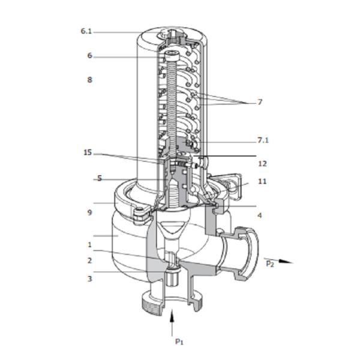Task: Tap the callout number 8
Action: point(89,79)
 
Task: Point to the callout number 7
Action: point(260,103)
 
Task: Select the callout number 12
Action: point(262,163)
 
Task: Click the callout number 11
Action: point(262,181)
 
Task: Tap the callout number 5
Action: point(100,179)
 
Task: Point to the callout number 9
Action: point(89,212)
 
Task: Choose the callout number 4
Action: point(260,215)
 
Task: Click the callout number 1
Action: point(89,245)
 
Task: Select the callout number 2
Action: point(89,260)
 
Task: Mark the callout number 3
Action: point(89,278)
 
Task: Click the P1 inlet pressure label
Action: point(179,341)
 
